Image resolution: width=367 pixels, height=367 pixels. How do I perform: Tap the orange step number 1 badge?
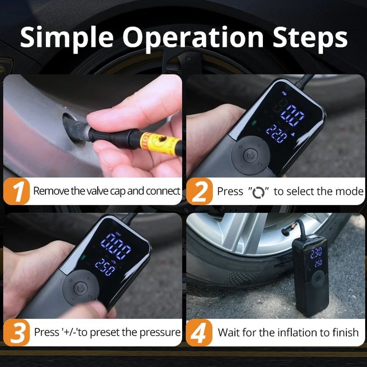click(16, 191)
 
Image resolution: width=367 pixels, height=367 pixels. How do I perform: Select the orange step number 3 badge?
click(16, 333)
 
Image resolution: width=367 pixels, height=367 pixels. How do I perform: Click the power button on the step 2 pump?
click(251, 156)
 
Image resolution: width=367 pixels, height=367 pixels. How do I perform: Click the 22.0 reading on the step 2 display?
click(277, 135)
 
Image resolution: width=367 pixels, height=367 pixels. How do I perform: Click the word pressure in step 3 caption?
click(160, 333)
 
